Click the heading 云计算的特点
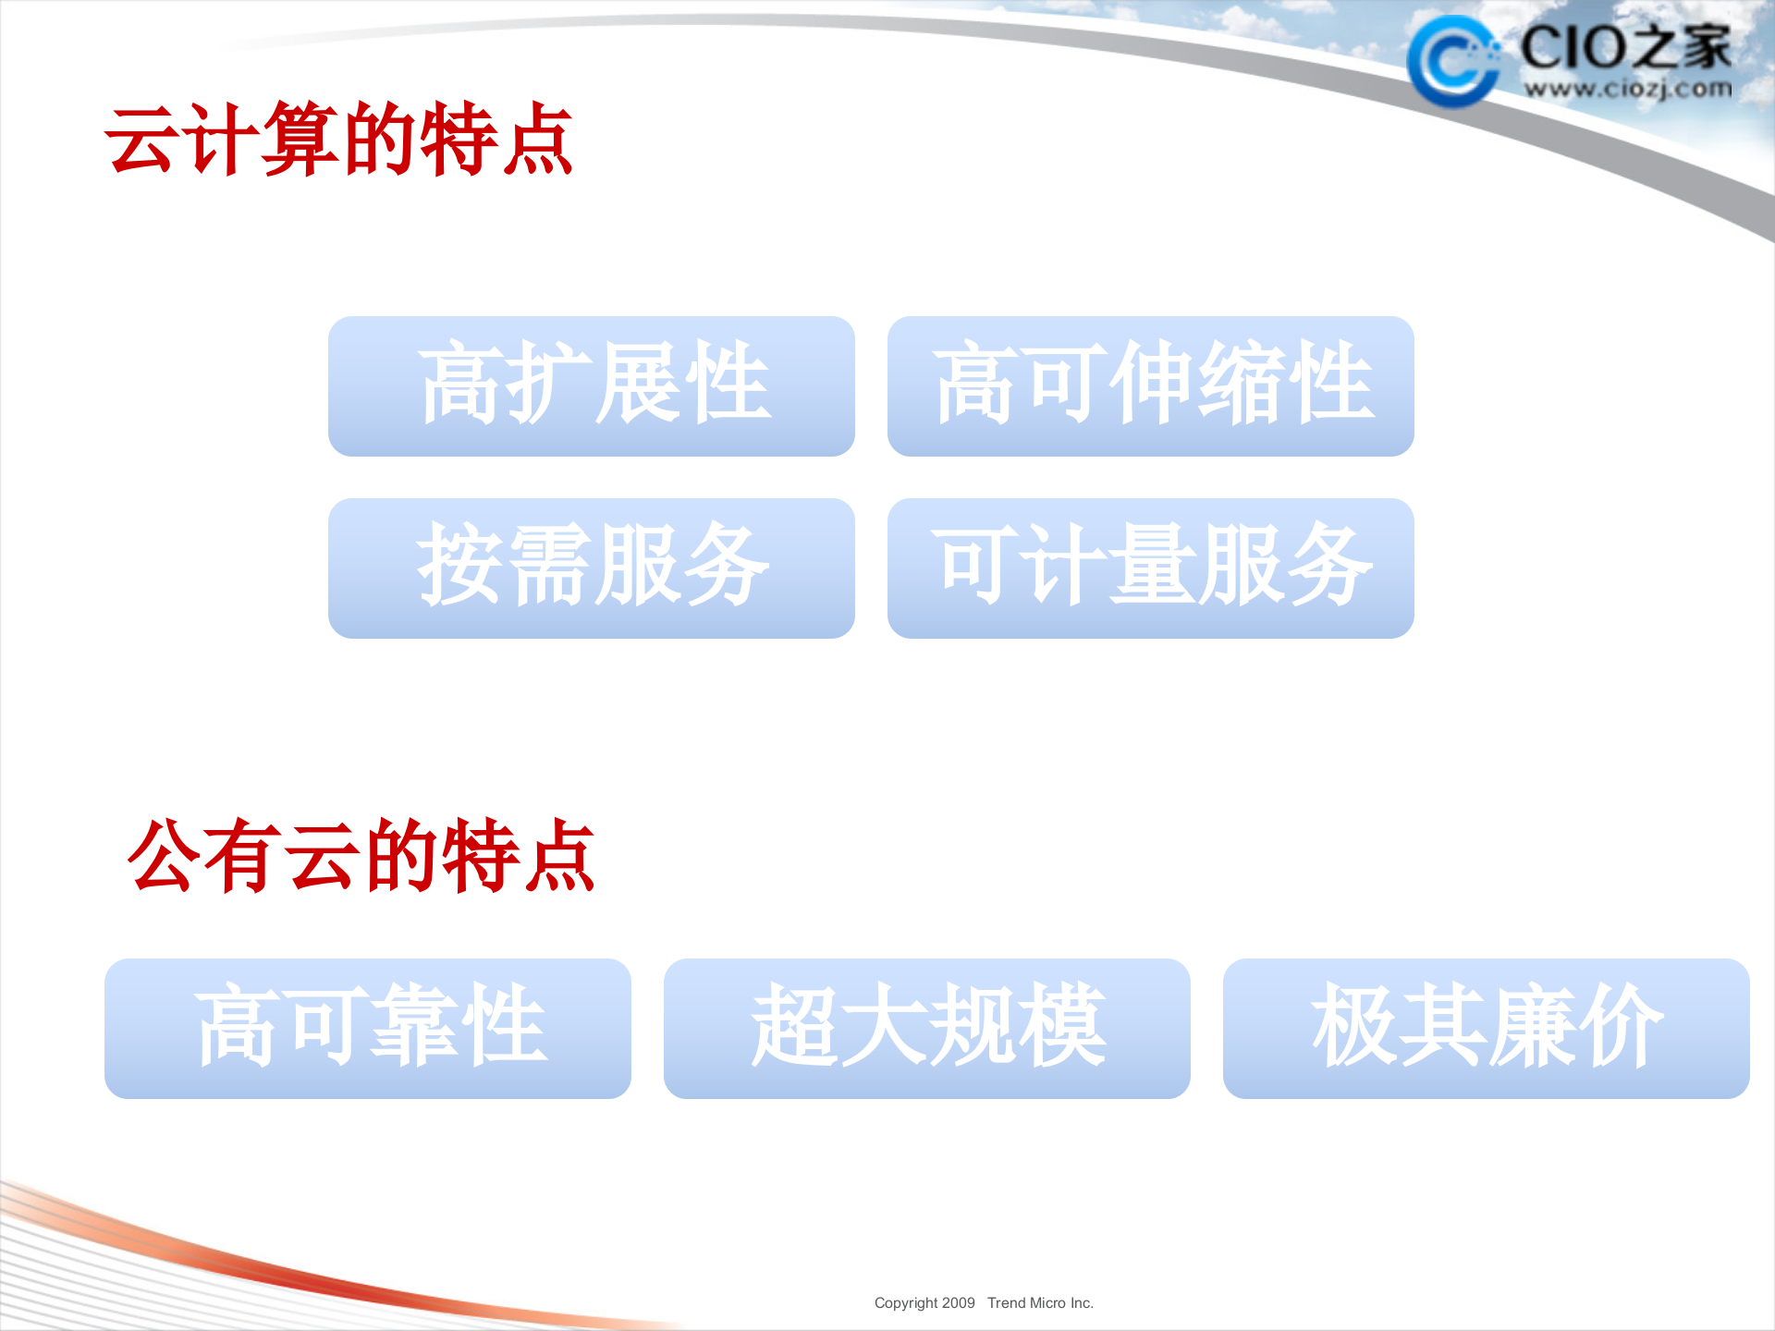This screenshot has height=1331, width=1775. pyautogui.click(x=338, y=140)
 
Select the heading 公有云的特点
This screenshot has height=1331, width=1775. pyautogui.click(x=361, y=856)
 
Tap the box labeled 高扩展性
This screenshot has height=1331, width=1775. pyautogui.click(x=592, y=385)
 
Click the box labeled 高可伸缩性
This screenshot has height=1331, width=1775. pyautogui.click(x=1150, y=385)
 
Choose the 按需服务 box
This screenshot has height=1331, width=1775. pyautogui.click(x=592, y=568)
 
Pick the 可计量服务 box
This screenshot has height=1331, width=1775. pyautogui.click(x=1150, y=568)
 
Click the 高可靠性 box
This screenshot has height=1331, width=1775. pyautogui.click(x=368, y=1028)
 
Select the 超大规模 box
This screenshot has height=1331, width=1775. pyautogui.click(x=926, y=1028)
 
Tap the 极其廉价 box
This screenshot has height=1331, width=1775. pyautogui.click(x=1486, y=1028)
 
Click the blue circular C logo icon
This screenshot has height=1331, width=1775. pyautogui.click(x=1452, y=61)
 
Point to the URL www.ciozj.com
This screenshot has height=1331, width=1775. pyautogui.click(x=1627, y=90)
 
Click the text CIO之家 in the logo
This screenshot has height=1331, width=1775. pyautogui.click(x=1625, y=46)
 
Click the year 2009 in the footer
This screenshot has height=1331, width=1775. pyautogui.click(x=958, y=1303)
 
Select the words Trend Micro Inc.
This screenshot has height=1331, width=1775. pyautogui.click(x=1040, y=1303)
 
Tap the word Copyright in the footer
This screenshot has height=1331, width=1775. pyautogui.click(x=906, y=1303)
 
